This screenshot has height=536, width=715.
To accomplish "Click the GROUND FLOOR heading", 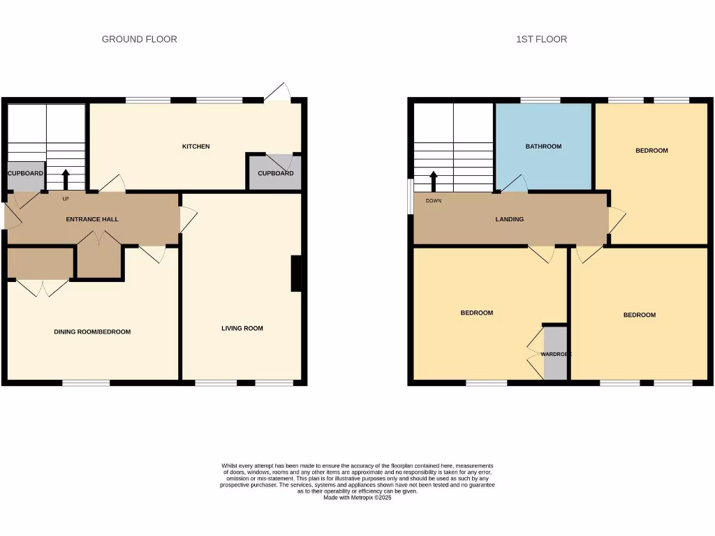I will pos(140,39).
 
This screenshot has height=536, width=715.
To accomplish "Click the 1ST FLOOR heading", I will pos(541,39).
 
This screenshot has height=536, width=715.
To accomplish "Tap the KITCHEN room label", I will pos(196,147).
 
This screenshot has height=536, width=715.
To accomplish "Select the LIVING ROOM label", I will pos(242,328).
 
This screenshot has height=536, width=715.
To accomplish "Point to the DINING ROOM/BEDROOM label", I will pos(92,332).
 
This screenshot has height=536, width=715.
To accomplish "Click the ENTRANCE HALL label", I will pos(92,219).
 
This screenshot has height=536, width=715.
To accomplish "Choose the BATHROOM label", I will pos(543,147).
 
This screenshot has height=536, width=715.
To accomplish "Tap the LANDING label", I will pos(510,219).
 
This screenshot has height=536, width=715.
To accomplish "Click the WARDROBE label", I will pos(556,355).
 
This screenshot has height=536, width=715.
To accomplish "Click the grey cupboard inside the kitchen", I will pos(275,173).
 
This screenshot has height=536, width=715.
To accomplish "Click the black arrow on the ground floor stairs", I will pos(66,179).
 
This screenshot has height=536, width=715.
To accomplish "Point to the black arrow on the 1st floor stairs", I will pos(433,181).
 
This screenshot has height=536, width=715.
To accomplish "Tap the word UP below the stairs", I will pos(66,199).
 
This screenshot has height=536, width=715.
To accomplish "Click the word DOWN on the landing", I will pos(433,200).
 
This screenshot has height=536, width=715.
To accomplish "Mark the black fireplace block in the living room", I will pos(296,273).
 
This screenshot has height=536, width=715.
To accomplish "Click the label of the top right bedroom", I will pos(651,151).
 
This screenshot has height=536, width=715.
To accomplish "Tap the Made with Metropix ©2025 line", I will pos(357,498).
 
